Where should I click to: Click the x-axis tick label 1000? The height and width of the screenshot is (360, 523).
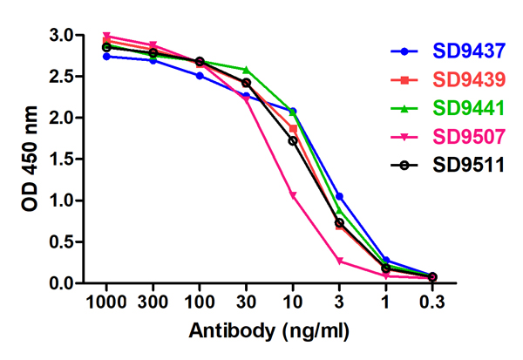click(x=106, y=302)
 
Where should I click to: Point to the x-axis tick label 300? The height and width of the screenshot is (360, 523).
click(x=153, y=302)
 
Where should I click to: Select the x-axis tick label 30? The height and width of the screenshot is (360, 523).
click(x=246, y=302)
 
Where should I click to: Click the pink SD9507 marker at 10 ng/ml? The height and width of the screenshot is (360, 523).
click(x=293, y=195)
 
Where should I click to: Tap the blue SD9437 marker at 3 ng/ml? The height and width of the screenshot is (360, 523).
click(x=339, y=196)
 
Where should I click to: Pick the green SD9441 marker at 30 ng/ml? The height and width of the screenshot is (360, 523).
click(x=246, y=70)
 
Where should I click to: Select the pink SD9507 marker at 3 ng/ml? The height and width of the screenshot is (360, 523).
click(x=339, y=261)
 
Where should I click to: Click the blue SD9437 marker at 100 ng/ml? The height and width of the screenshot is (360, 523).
click(x=200, y=76)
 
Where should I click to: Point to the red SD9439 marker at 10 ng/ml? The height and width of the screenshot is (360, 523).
click(x=293, y=128)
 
